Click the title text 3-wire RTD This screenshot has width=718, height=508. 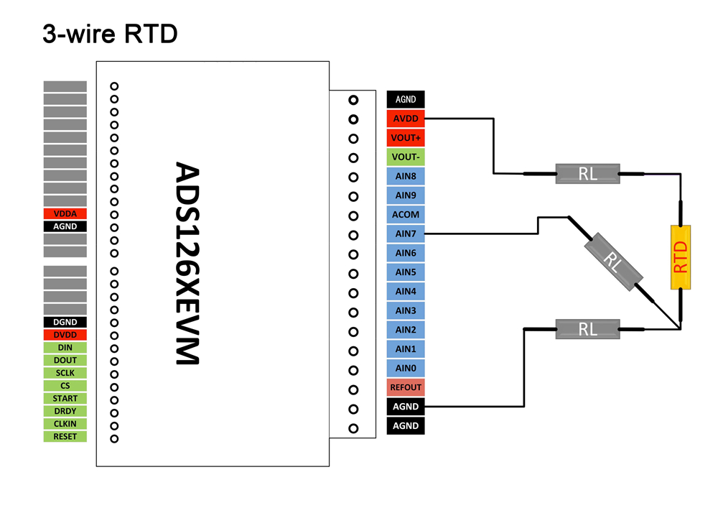point(110,34)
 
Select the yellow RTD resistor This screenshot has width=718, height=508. point(680,257)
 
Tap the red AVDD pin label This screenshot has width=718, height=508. point(406,119)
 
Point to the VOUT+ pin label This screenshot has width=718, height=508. point(406,138)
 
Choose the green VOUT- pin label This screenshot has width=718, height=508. point(406,157)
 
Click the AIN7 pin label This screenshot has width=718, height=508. point(406,234)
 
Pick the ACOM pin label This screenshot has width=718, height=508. point(406,214)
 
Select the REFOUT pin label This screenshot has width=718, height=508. point(406,387)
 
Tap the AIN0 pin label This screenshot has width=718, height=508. point(406,368)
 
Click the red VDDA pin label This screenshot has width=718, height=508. point(65,213)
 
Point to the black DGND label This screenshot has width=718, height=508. point(65,323)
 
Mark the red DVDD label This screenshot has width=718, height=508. point(65,335)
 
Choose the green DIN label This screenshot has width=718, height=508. point(65,348)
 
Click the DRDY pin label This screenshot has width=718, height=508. point(65,411)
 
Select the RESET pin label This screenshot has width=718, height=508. point(65,436)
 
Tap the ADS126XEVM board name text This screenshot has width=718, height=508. point(188,263)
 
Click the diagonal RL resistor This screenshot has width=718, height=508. point(611,262)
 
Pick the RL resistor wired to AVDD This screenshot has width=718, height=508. point(587,173)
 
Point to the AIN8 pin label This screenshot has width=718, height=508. point(406,176)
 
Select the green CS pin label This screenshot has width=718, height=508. point(65,386)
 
